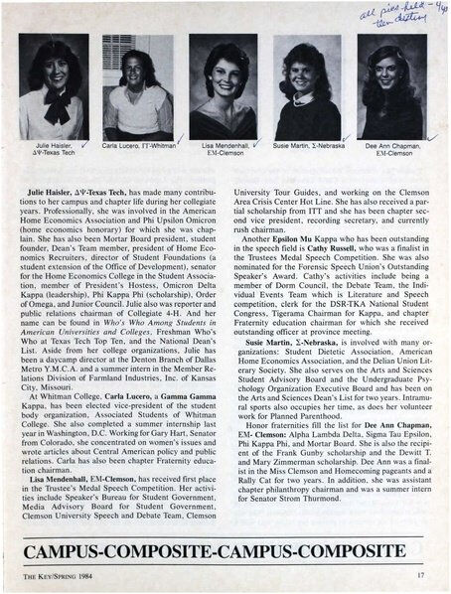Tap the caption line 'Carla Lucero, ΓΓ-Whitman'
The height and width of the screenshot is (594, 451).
click(133, 144)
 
